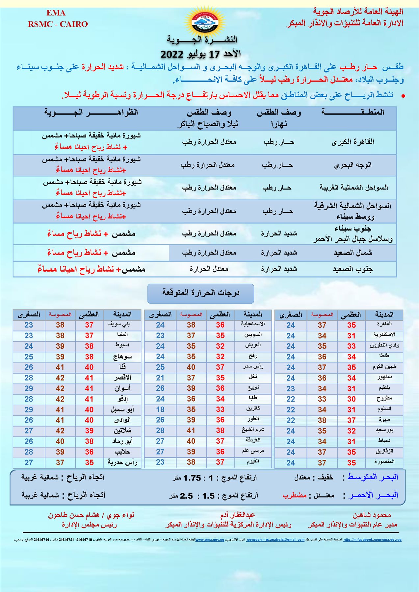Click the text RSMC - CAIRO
[58, 24]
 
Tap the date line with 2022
[201, 53]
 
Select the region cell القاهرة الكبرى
[353, 142]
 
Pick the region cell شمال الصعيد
[353, 253]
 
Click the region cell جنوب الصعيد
[353, 269]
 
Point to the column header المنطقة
[353, 112]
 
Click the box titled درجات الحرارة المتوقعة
[201, 293]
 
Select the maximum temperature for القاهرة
[352, 325]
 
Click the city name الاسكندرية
[384, 335]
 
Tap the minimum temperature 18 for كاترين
[160, 409]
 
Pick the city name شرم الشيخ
[253, 430]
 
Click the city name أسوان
[122, 388]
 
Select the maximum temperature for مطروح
[352, 399]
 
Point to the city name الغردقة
[253, 440]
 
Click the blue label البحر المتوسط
[373, 477]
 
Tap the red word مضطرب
[295, 495]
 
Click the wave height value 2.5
[186, 496]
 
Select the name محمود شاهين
[372, 515]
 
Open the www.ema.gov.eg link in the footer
[210, 540]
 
